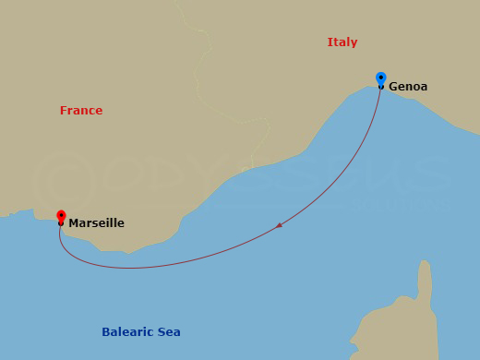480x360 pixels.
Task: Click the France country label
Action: (x=81, y=111)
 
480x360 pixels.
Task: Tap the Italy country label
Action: (x=342, y=42)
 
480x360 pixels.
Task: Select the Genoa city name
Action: (x=408, y=87)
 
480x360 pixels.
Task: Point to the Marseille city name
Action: (x=96, y=223)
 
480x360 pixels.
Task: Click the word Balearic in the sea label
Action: (x=127, y=332)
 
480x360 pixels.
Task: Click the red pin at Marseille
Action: (x=61, y=217)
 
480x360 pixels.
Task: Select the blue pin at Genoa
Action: (x=381, y=79)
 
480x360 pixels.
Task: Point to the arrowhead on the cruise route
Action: (x=279, y=225)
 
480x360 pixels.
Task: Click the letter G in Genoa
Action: (x=394, y=87)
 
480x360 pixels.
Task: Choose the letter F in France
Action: (x=63, y=111)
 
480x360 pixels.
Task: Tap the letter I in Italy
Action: (x=330, y=42)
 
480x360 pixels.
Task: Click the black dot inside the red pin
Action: (x=61, y=215)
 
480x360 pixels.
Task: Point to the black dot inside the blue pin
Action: (x=381, y=78)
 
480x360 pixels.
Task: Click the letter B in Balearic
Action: (x=105, y=332)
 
